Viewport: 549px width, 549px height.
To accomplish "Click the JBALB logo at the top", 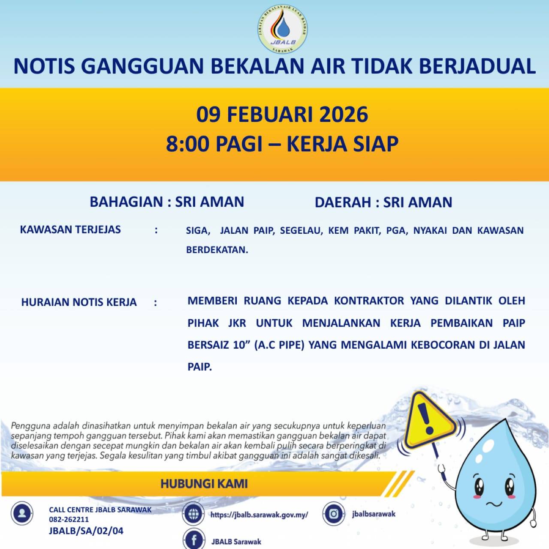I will tap(283, 29).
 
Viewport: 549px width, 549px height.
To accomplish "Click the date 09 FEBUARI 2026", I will tap(282, 115).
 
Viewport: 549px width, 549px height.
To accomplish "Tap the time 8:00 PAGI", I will tap(214, 144).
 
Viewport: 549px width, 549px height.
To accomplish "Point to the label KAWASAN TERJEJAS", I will tap(70, 229).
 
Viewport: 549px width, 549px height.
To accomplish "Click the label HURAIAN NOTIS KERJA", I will tap(79, 302).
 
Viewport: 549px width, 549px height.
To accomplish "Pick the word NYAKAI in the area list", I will tap(429, 231).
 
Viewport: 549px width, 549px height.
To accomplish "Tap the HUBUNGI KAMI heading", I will tap(204, 484).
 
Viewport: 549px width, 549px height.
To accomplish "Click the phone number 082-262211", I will tap(69, 519).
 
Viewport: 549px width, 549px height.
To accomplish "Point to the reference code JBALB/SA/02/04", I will tap(86, 531).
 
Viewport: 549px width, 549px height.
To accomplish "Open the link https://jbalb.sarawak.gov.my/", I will tap(259, 515).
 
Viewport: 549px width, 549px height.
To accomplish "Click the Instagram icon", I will tap(334, 514).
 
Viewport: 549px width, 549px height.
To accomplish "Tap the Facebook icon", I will tap(194, 540).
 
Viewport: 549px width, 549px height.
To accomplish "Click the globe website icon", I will tap(193, 514).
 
